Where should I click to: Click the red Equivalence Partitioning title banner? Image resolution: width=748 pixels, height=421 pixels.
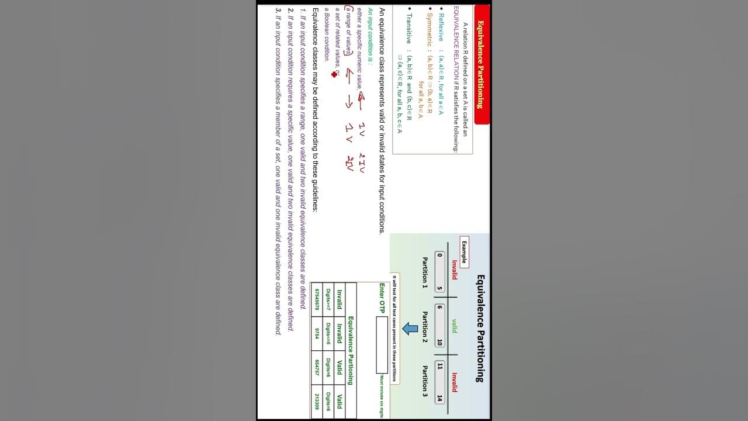coord(480,64)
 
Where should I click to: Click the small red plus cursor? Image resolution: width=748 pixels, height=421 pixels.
coord(334,74)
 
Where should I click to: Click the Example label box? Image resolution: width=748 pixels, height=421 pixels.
coord(465,252)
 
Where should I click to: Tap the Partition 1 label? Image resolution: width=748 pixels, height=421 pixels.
coord(425,273)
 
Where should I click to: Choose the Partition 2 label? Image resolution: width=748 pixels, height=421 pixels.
coord(425,327)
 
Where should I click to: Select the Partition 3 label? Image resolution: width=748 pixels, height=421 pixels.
coord(425,381)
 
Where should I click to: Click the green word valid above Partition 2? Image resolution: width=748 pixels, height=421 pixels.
coord(454,326)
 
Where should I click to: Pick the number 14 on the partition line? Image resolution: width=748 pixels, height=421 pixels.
coord(439,398)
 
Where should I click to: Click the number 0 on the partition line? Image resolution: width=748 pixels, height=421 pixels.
coord(439,255)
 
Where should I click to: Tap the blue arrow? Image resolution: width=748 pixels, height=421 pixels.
coord(411,329)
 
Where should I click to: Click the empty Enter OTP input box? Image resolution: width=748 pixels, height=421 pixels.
coord(382,340)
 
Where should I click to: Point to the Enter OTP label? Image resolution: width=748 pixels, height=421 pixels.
coord(382,298)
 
